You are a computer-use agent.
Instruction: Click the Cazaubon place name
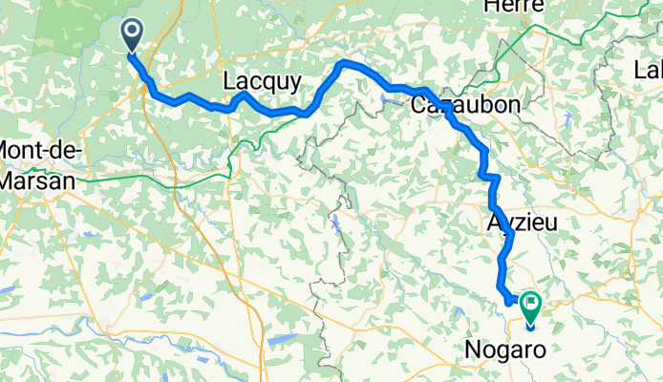[465, 106]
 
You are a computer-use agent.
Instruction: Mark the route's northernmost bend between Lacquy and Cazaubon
[345, 64]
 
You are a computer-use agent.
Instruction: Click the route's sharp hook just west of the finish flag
[507, 298]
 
